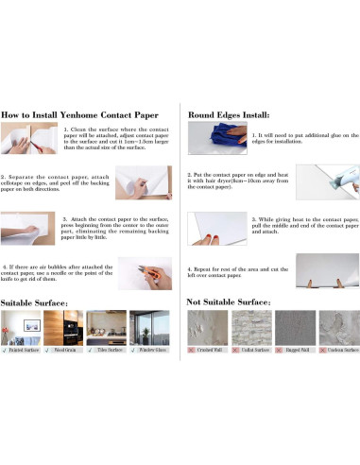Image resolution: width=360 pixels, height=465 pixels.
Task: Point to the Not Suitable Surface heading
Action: (230, 301)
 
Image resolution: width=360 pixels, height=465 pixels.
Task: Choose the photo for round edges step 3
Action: (216, 227)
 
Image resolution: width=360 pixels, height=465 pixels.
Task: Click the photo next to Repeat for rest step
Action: (326, 270)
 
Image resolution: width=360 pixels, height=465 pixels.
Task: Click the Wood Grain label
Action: (65, 351)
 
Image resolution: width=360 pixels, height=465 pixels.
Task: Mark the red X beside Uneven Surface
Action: (323, 351)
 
